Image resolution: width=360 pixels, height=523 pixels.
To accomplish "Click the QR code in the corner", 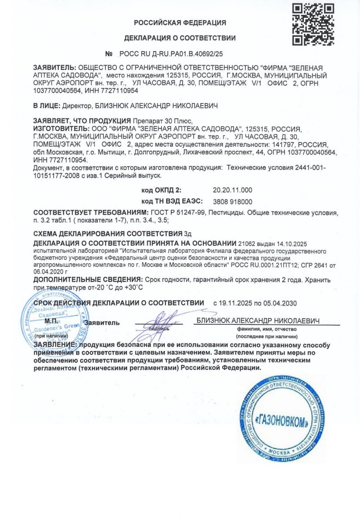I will [312, 24].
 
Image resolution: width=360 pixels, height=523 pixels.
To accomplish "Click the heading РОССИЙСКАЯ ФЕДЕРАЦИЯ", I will [180, 23].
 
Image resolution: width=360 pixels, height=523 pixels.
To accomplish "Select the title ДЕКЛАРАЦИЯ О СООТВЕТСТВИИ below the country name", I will [180, 38].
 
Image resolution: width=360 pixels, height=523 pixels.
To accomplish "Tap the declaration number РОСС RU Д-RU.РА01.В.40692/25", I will [170, 54].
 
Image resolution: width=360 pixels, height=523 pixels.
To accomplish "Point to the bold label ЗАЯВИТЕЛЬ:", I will [54, 68].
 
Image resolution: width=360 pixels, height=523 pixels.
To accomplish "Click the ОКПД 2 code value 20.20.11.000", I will [232, 190].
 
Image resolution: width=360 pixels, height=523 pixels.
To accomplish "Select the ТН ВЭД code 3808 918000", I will [232, 202].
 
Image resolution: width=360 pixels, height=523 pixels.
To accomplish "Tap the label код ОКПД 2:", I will [161, 190].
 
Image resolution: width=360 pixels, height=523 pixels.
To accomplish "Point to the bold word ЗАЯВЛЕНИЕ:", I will [55, 345].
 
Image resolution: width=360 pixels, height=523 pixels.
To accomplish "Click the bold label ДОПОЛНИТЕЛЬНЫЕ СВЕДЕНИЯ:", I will [87, 279].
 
